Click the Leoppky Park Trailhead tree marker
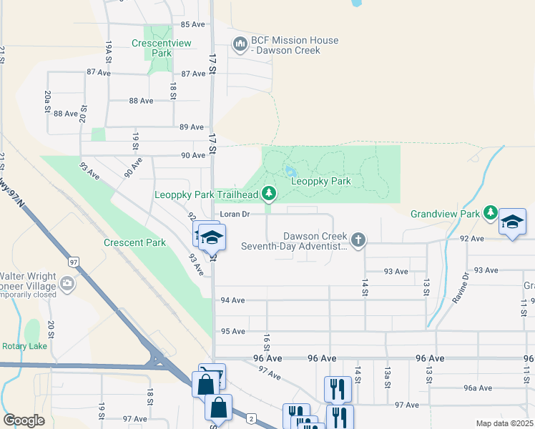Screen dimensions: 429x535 [268, 193]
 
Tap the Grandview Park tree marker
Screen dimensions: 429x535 [490, 213]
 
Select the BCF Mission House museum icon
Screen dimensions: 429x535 [240, 46]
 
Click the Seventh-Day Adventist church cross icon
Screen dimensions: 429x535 [358, 240]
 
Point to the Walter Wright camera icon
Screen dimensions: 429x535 [67, 285]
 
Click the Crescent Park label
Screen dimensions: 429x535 [134, 242]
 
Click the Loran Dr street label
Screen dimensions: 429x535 [234, 214]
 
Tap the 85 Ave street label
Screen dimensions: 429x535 [193, 24]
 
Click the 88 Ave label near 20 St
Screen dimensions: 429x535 [66, 114]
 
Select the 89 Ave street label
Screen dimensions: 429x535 [193, 127]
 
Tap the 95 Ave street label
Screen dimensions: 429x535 [233, 331]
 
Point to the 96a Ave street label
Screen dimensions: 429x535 [479, 388]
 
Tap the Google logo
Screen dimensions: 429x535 [24, 420]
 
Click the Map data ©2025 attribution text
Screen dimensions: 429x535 [504, 423]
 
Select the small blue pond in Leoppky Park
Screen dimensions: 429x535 [290, 172]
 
